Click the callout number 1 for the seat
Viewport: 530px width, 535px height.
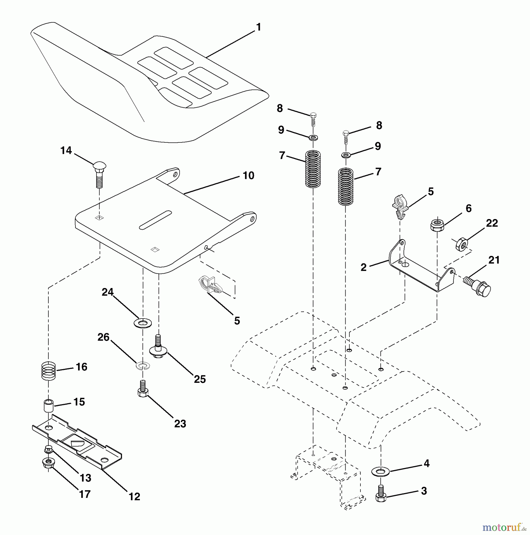click(258, 27)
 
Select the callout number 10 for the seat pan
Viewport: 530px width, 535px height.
click(249, 175)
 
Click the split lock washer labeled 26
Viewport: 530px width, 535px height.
click(143, 365)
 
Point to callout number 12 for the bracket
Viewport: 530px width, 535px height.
click(134, 496)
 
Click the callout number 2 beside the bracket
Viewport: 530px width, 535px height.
click(364, 267)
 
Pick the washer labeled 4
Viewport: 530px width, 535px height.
click(380, 471)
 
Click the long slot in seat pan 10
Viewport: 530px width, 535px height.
click(155, 220)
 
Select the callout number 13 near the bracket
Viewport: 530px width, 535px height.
click(85, 478)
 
